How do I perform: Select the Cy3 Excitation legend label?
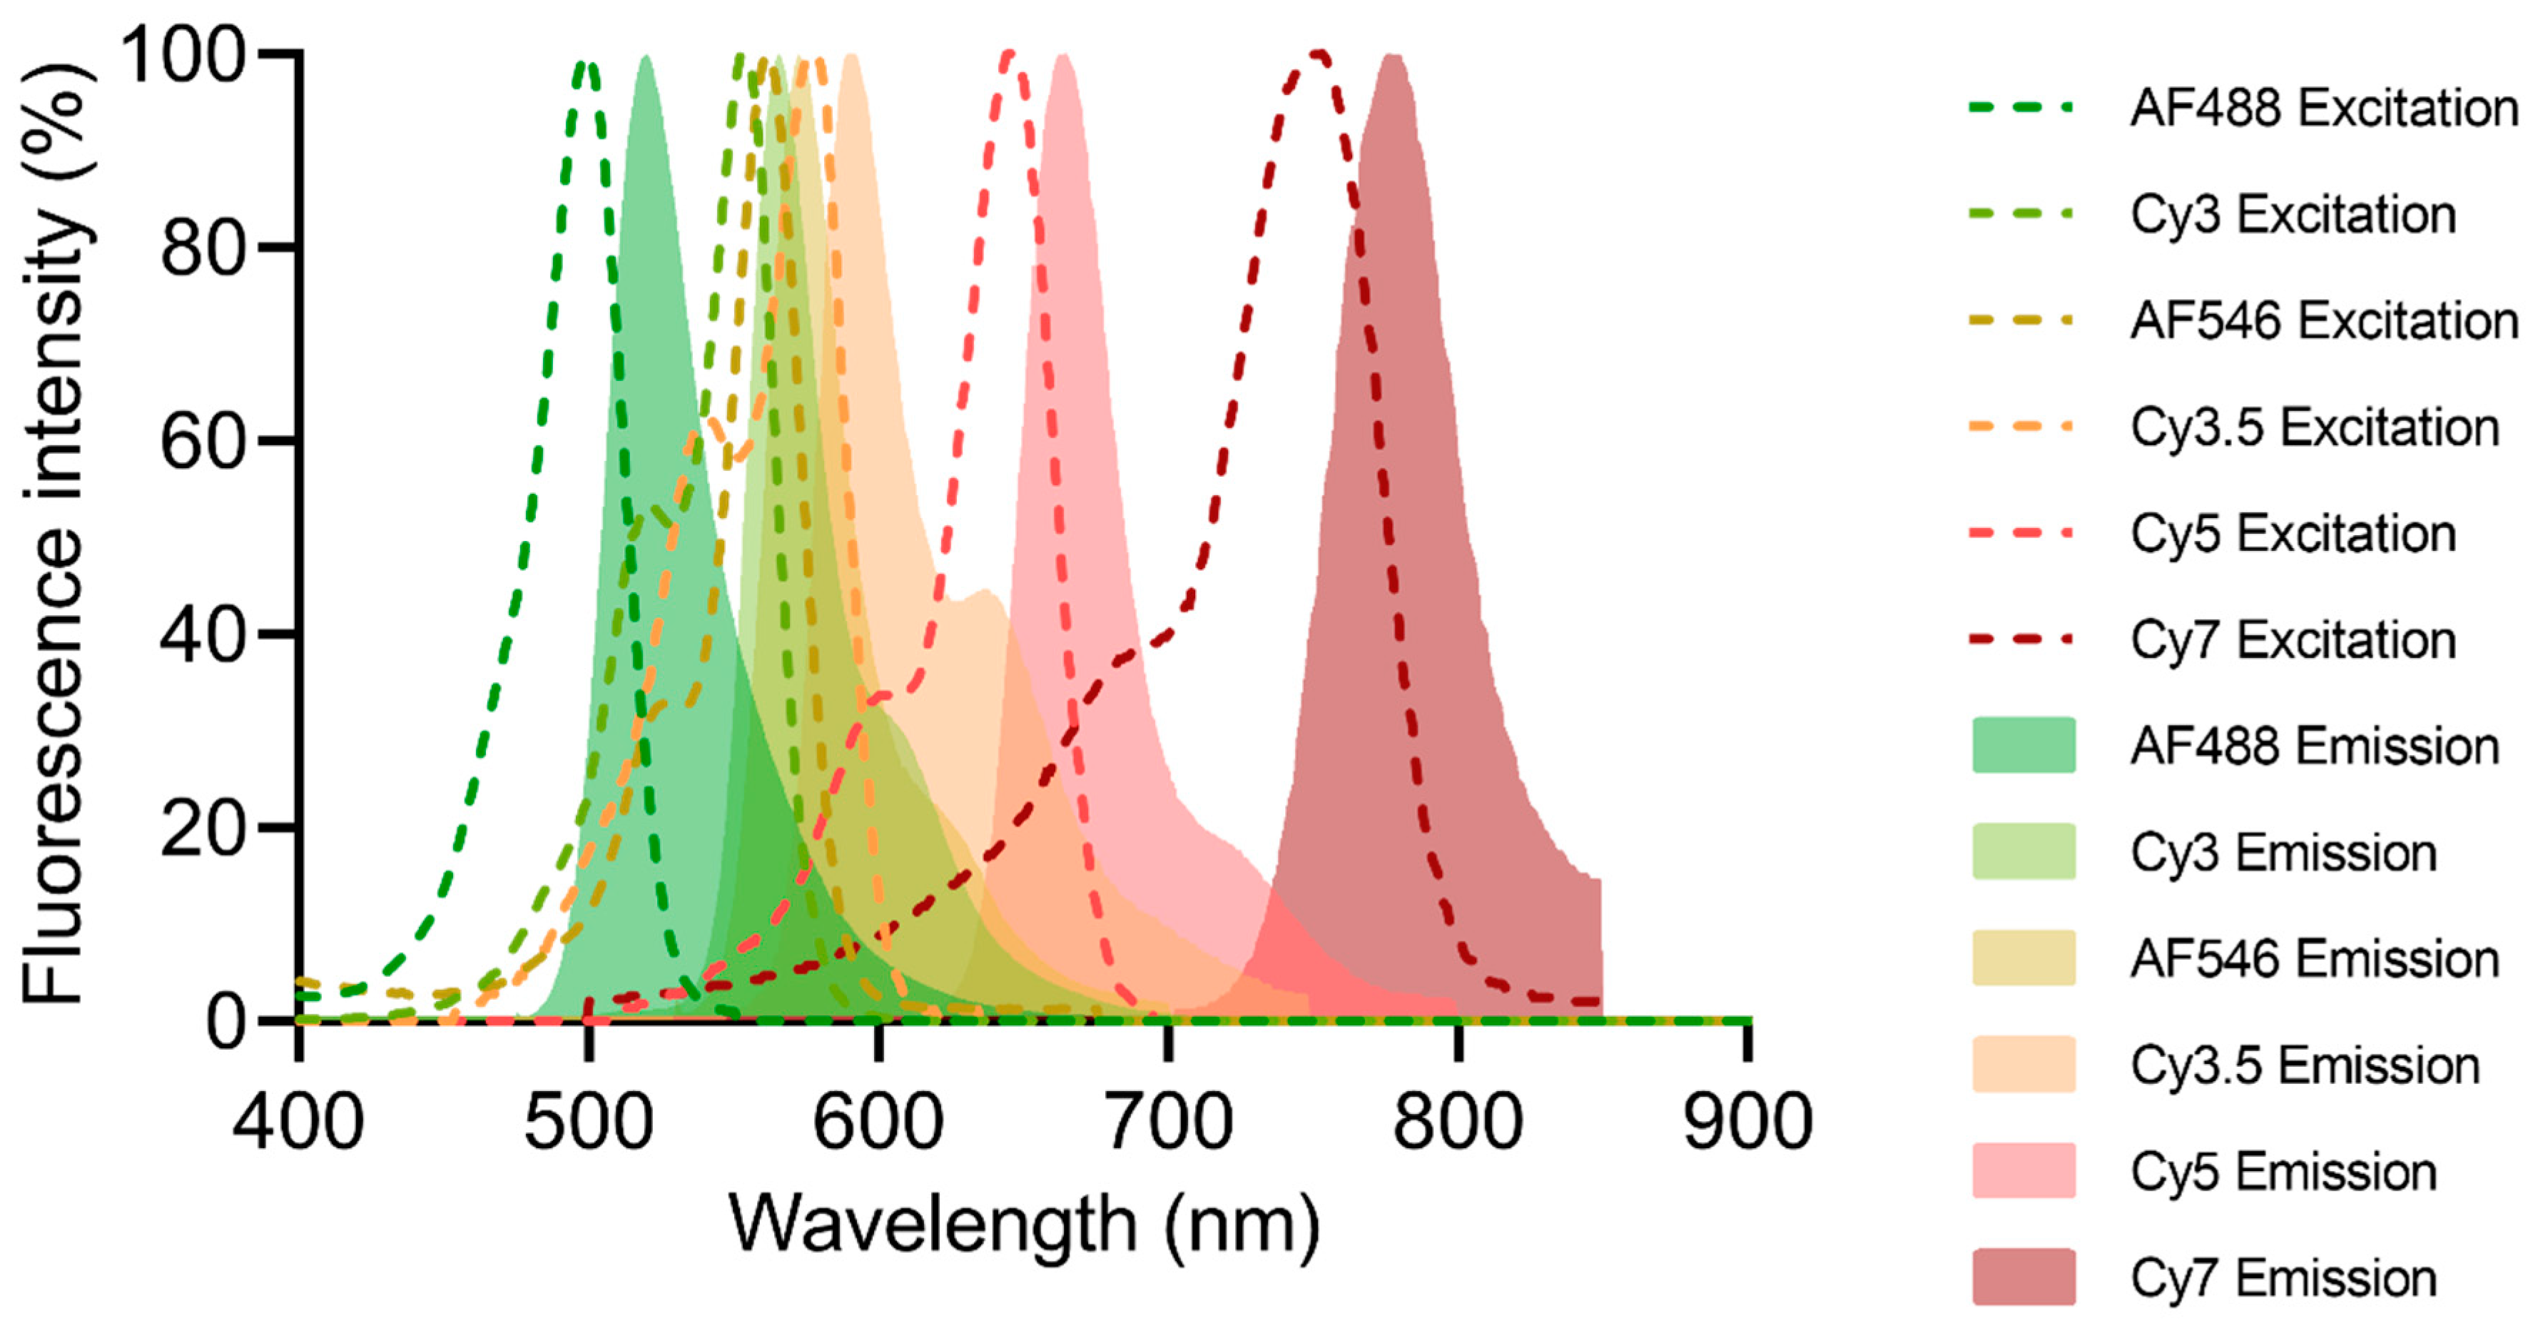(2293, 214)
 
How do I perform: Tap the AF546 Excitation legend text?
(2323, 320)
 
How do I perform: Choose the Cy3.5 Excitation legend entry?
(2315, 427)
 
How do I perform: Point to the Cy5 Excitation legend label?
(2293, 533)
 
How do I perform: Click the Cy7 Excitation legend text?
(2293, 639)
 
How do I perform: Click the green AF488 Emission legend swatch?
(2024, 745)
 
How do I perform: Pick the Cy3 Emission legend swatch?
(2024, 851)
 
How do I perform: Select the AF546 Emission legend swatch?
(2024, 958)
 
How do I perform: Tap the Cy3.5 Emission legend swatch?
(2024, 1064)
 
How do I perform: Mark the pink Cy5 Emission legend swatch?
(2024, 1170)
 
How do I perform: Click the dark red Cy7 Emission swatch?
(2024, 1277)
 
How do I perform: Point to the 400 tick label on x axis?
(298, 1121)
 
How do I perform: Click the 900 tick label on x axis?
(1747, 1121)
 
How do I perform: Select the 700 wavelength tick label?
(1167, 1121)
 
